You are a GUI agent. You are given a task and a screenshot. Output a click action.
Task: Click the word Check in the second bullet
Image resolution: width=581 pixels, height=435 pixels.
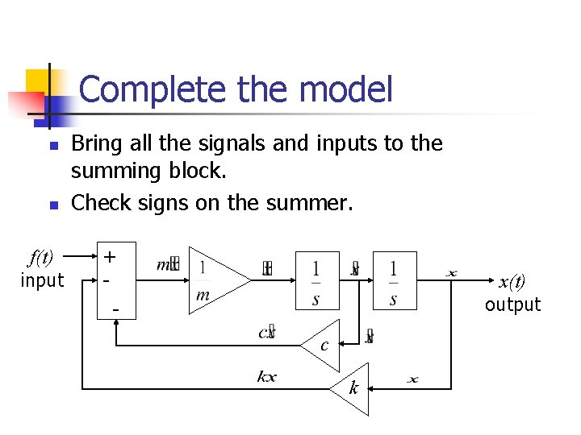[96, 202]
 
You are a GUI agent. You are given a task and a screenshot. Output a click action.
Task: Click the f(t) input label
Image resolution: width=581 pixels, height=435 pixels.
[40, 258]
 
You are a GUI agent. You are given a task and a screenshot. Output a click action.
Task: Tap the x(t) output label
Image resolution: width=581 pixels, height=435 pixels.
[512, 282]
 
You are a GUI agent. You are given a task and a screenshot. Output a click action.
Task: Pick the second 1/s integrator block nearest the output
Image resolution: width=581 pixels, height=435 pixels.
[393, 280]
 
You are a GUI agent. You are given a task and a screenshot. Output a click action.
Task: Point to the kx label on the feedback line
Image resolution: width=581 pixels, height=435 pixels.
[266, 376]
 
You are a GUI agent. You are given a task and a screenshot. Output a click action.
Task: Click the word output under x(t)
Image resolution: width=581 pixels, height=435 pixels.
[512, 304]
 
